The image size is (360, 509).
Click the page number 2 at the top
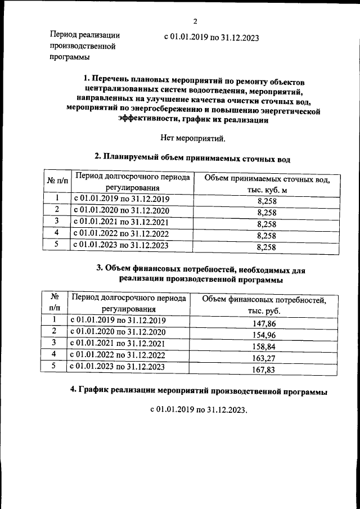(x=194, y=22)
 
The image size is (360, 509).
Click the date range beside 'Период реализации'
(x=211, y=37)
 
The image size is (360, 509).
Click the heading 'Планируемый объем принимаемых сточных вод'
(x=193, y=157)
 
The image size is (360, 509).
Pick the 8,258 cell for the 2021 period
(x=266, y=224)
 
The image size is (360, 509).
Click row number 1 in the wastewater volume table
(x=56, y=199)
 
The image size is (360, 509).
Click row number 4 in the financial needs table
(x=54, y=354)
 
